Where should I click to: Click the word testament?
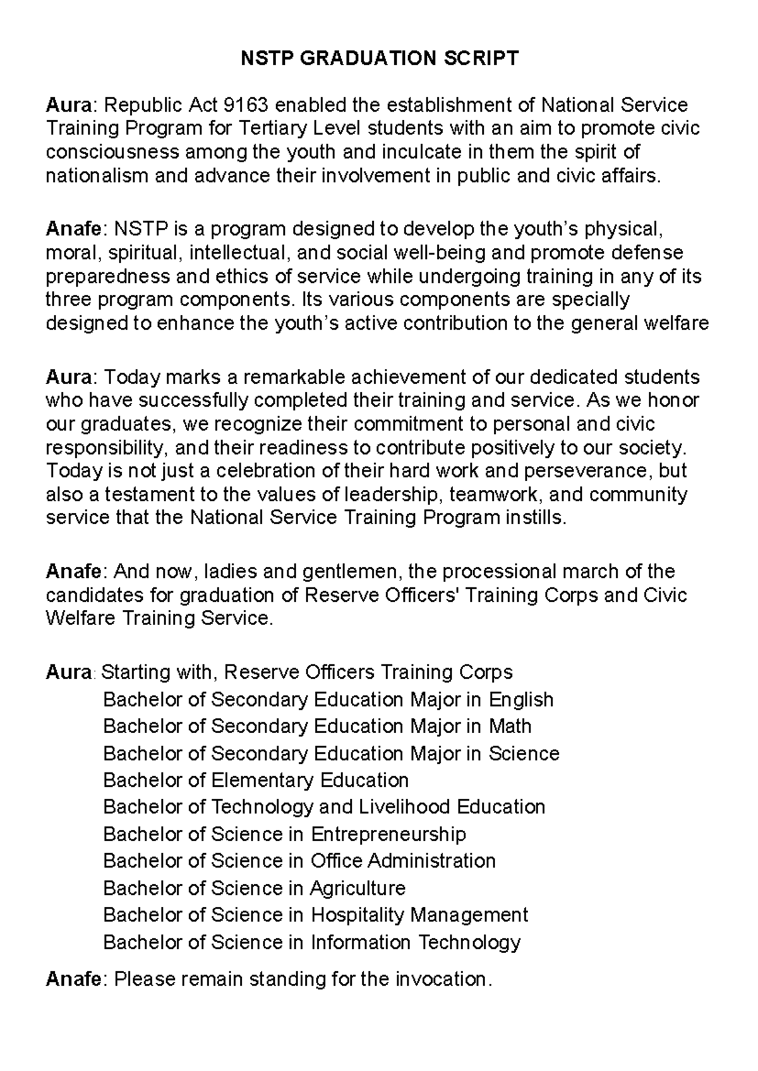coord(149,494)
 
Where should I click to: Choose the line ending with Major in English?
coord(328,700)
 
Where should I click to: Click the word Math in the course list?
coord(510,726)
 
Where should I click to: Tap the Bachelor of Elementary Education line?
coord(256,780)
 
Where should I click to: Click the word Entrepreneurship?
coord(388,834)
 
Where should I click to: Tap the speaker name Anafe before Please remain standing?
coord(73,979)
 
